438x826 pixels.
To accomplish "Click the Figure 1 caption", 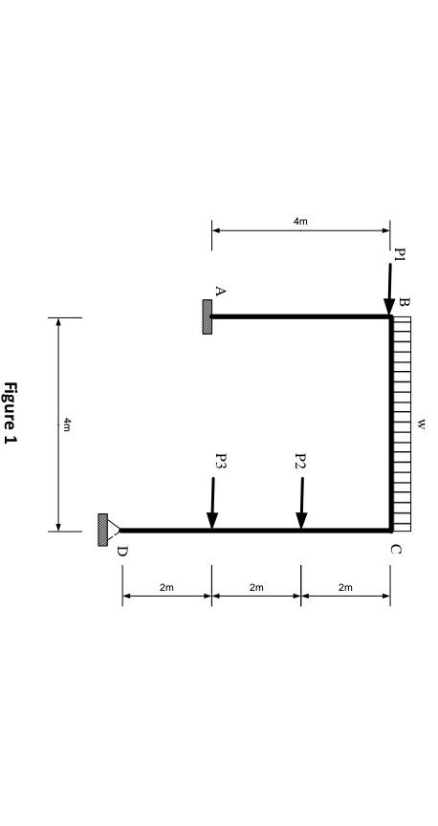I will [x=11, y=413].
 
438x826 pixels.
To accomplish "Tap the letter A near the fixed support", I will [x=220, y=291].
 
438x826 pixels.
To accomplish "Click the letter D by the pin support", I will [x=121, y=551].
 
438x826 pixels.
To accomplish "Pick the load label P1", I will [x=400, y=254].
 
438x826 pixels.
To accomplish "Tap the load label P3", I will [x=220, y=461].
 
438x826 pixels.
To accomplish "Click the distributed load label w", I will [x=422, y=423].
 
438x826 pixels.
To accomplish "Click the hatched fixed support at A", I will [x=207, y=316].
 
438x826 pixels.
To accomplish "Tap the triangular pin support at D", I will [x=113, y=530].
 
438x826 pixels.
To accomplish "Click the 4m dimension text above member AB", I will [x=300, y=222].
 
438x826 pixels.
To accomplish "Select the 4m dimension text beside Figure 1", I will [x=66, y=424].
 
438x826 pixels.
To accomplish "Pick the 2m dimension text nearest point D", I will [x=166, y=587].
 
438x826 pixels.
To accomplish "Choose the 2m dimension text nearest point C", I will [x=345, y=587].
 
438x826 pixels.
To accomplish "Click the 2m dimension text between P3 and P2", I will [x=256, y=587].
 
